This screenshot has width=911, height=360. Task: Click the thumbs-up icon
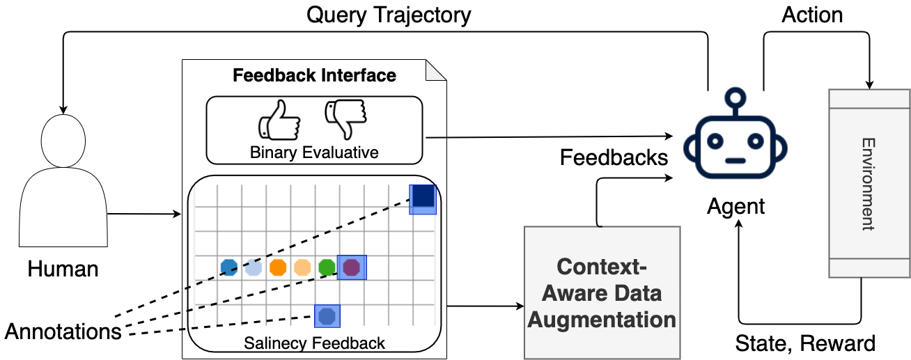tap(279, 120)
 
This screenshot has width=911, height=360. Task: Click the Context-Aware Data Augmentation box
tap(602, 293)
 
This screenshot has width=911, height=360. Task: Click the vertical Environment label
tap(868, 184)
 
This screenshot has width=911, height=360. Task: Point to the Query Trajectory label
tap(389, 15)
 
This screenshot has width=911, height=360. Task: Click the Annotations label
tap(63, 331)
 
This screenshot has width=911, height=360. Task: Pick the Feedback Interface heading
tap(314, 75)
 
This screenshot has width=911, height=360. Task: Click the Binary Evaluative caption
tap(314, 152)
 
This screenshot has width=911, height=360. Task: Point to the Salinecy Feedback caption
tap(314, 342)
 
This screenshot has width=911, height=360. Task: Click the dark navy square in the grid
tap(422, 199)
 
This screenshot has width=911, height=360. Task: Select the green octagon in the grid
tap(327, 267)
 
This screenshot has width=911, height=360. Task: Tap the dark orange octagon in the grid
tap(278, 267)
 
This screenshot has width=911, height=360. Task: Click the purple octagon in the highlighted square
tap(352, 267)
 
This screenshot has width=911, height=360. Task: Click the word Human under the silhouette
tap(63, 269)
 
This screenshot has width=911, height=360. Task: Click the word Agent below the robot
tap(735, 206)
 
